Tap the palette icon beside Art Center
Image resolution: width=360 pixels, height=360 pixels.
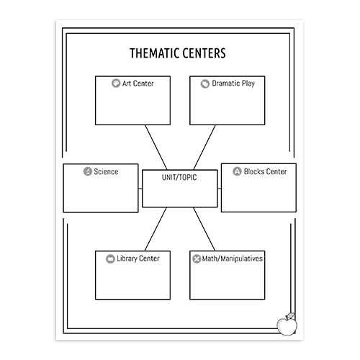pos(116,84)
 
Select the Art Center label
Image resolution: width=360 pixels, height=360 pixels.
pos(138,84)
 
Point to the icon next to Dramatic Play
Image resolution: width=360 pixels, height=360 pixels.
pos(205,84)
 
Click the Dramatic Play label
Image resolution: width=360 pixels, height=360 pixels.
pos(233,84)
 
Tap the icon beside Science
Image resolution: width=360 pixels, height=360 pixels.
pos(88,171)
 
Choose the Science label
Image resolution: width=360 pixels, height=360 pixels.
pos(106,171)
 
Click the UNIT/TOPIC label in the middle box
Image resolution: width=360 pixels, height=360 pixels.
pos(179,177)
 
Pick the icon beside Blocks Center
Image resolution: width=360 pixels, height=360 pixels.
pos(237,171)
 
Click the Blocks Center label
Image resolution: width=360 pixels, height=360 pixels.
pos(265,171)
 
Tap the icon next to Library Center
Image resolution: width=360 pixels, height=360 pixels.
pos(110,258)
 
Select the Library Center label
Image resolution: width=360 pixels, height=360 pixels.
pos(138,258)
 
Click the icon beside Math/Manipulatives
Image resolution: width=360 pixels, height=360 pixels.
pos(197,258)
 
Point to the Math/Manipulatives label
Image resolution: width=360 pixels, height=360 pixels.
pos(233,258)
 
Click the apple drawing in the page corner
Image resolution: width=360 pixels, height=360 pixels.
pos(287,324)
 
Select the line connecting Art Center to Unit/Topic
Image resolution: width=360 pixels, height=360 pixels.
pos(156,147)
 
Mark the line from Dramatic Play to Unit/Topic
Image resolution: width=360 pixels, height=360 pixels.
pos(204,147)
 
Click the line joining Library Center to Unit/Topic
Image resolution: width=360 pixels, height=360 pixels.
pos(156,229)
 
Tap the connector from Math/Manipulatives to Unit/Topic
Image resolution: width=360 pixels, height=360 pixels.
pos(204,229)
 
